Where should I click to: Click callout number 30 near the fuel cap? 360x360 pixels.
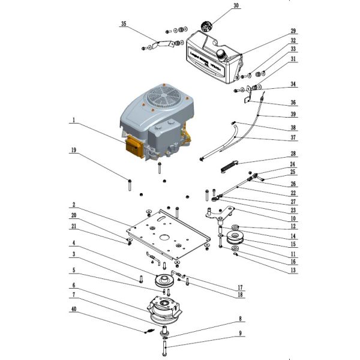pyautogui.click(x=236, y=6)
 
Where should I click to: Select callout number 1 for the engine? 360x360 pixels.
pyautogui.click(x=72, y=120)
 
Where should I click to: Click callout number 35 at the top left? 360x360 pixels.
pyautogui.click(x=124, y=24)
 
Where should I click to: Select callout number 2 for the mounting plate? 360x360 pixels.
pyautogui.click(x=72, y=205)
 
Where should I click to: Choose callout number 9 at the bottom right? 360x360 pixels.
pyautogui.click(x=241, y=333)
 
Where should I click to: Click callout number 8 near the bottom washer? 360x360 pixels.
pyautogui.click(x=241, y=320)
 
